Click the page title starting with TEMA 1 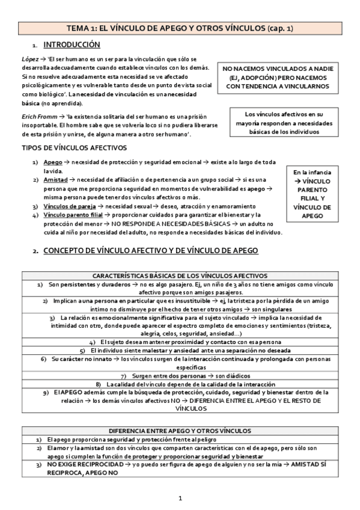pyautogui.click(x=179, y=28)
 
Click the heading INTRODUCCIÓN pyautogui.click(x=72, y=45)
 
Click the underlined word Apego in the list pyautogui.click(x=53, y=163)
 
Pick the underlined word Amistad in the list pyautogui.click(x=56, y=180)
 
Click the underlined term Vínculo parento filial pyautogui.click(x=72, y=215)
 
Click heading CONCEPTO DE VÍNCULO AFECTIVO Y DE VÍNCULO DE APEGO pyautogui.click(x=151, y=250)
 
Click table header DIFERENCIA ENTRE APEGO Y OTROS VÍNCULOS pyautogui.click(x=180, y=431)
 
